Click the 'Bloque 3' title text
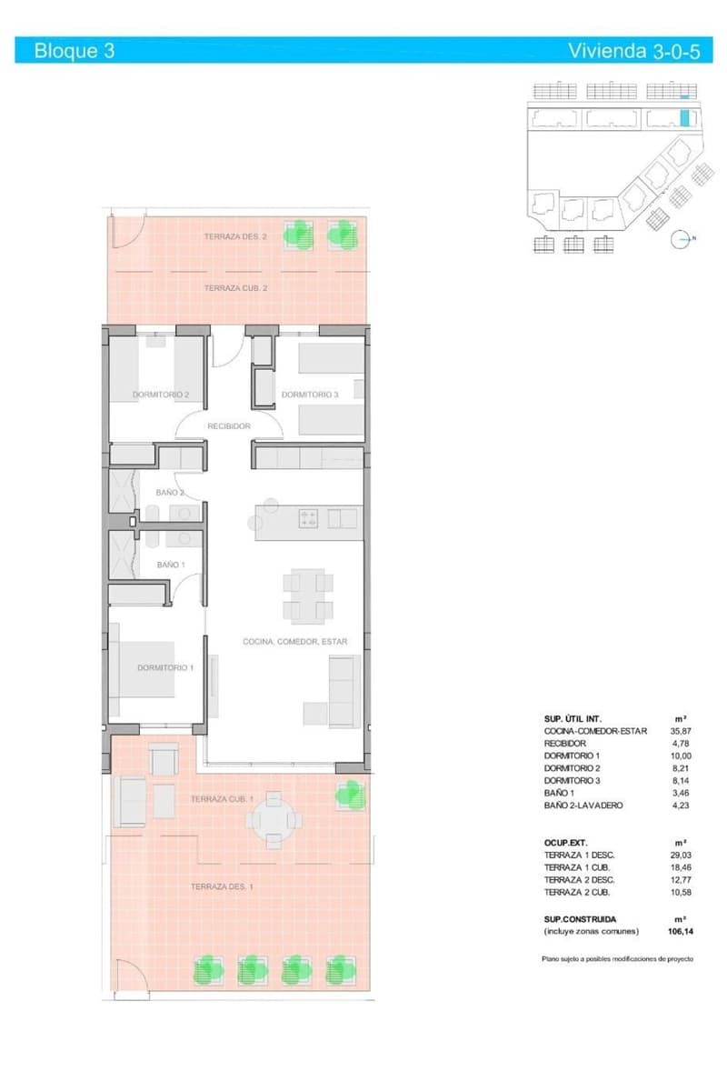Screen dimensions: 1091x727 point(74,51)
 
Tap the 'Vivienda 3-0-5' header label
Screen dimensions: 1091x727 point(633,51)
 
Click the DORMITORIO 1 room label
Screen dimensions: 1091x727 point(165,667)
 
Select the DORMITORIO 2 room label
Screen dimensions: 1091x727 point(161,395)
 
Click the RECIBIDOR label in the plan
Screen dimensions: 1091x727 point(229,425)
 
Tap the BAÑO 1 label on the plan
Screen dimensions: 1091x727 point(171,565)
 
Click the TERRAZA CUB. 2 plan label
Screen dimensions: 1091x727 point(235,288)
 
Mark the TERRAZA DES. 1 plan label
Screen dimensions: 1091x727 point(222,886)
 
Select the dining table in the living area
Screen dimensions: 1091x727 point(307,596)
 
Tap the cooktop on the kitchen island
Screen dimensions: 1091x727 point(308,519)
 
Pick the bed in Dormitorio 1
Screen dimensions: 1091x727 point(144,667)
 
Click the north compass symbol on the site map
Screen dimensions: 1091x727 point(680,240)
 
